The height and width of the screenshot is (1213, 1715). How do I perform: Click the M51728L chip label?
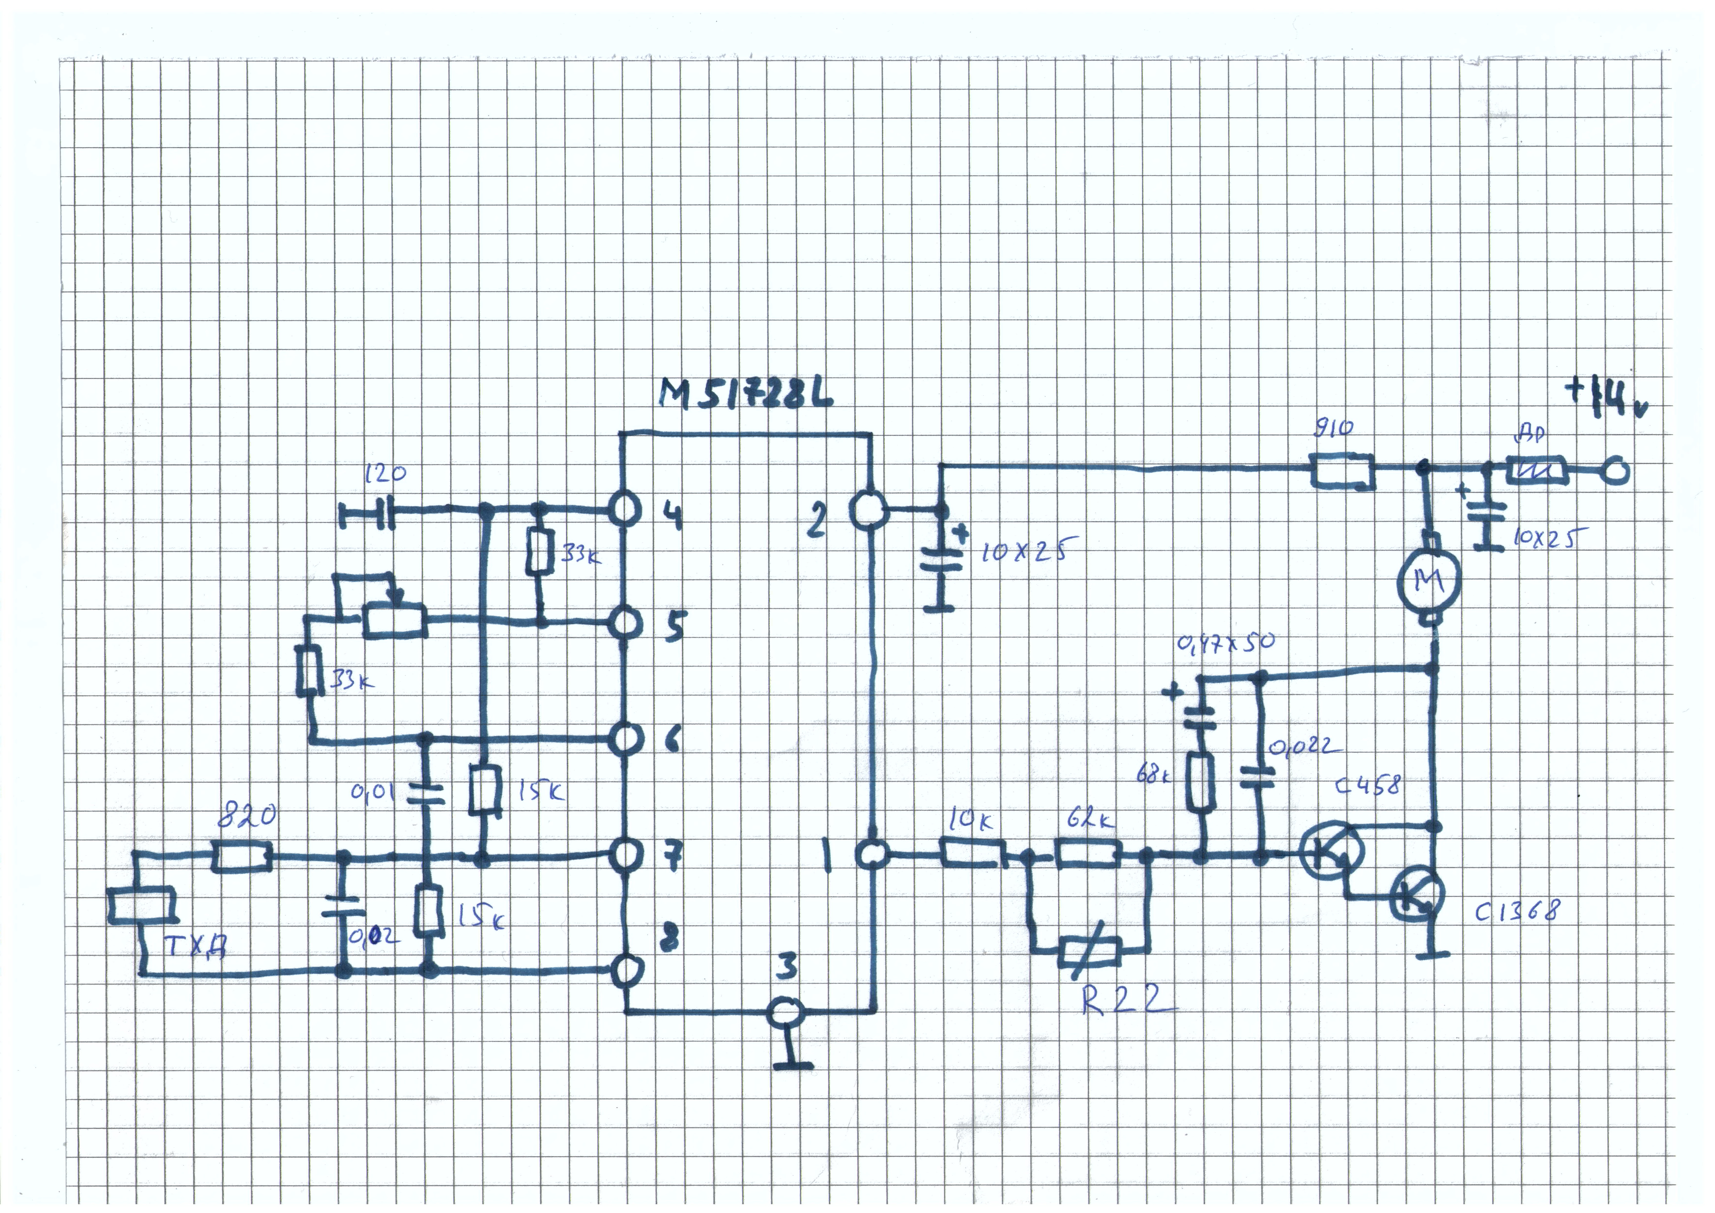click(746, 394)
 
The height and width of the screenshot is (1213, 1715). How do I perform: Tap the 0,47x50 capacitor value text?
click(1225, 642)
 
